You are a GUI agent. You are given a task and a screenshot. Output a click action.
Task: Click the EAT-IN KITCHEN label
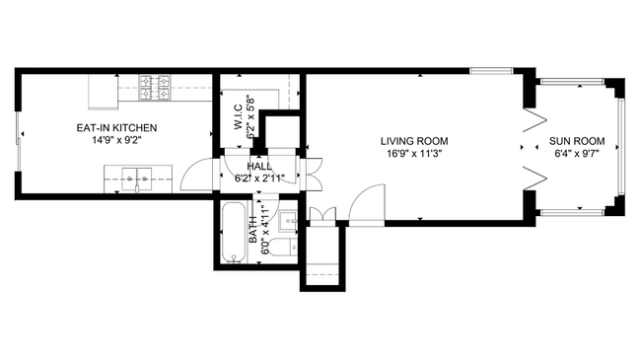pyautogui.click(x=117, y=127)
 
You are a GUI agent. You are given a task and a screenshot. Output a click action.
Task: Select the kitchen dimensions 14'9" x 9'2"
pyautogui.click(x=117, y=140)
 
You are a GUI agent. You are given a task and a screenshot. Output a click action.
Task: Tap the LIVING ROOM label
pyautogui.click(x=415, y=140)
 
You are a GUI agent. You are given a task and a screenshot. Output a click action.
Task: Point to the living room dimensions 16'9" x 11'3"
pyautogui.click(x=415, y=153)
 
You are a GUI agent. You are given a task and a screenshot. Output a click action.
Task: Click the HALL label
pyautogui.click(x=259, y=166)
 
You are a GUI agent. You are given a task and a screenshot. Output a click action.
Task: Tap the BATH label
pyautogui.click(x=252, y=230)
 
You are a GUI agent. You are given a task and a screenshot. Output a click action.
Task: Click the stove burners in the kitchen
pyautogui.click(x=155, y=90)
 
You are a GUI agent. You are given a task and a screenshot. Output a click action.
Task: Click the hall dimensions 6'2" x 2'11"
pyautogui.click(x=259, y=179)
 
